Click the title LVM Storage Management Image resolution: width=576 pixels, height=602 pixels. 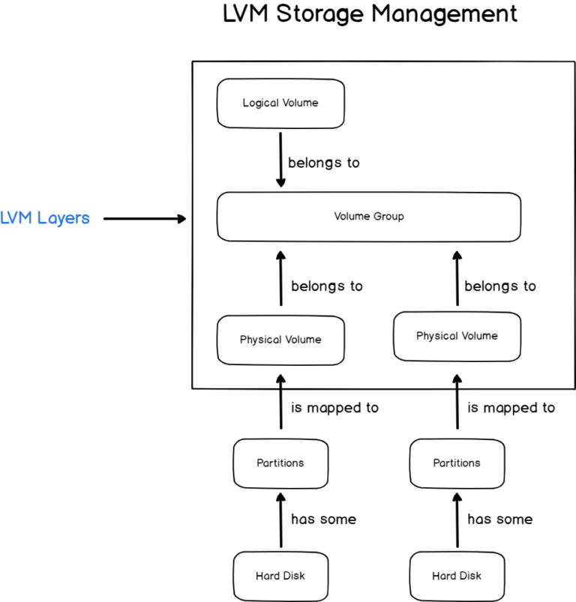point(370,14)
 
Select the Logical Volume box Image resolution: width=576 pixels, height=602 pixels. point(280,103)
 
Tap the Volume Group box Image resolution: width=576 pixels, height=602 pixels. point(368,217)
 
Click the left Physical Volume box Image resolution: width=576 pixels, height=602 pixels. point(280,340)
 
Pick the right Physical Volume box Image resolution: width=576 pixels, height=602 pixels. point(457,336)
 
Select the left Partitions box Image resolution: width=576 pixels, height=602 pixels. point(280,463)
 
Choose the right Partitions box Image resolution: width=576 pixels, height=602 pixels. point(457,463)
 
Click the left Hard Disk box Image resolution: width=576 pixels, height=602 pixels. point(280,576)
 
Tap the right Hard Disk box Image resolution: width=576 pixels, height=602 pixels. point(457,576)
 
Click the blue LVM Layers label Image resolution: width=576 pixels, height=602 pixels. point(45,218)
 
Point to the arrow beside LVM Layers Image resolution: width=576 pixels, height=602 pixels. point(144,219)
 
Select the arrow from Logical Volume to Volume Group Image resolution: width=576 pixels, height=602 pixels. point(281,160)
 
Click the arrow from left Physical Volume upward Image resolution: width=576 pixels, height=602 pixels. point(281,279)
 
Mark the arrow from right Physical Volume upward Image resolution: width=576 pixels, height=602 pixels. point(457,277)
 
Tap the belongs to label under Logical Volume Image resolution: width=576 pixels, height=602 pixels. point(323,163)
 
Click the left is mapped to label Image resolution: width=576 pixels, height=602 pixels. point(334,408)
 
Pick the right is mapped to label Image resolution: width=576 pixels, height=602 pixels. point(511,408)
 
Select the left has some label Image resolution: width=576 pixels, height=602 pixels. point(323,519)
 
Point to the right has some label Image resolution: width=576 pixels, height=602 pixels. point(499,519)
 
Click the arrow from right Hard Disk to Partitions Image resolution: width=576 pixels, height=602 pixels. point(457,520)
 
